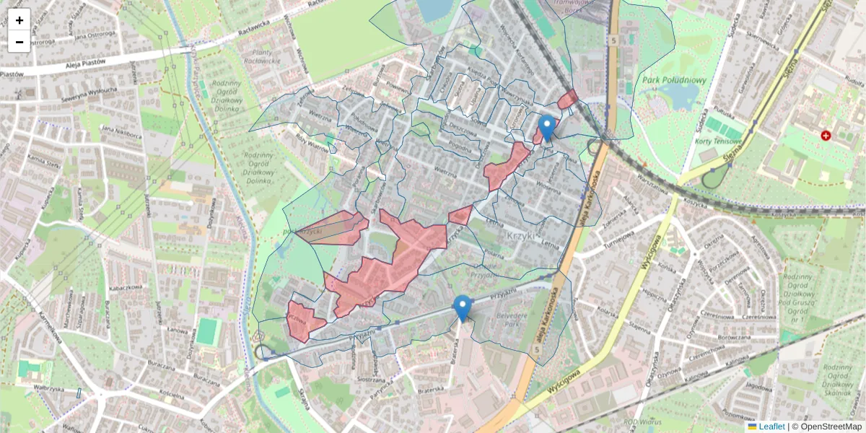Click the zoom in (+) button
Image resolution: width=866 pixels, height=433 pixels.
[19, 20]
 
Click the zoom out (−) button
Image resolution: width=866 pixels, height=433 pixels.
[19, 42]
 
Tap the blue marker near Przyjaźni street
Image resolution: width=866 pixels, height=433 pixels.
[462, 308]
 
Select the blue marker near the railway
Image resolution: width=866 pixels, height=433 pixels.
[547, 128]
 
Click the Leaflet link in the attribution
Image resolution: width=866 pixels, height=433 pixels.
[771, 427]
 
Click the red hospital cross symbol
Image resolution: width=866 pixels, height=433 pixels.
[826, 136]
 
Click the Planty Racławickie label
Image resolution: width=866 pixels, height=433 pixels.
[271, 56]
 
